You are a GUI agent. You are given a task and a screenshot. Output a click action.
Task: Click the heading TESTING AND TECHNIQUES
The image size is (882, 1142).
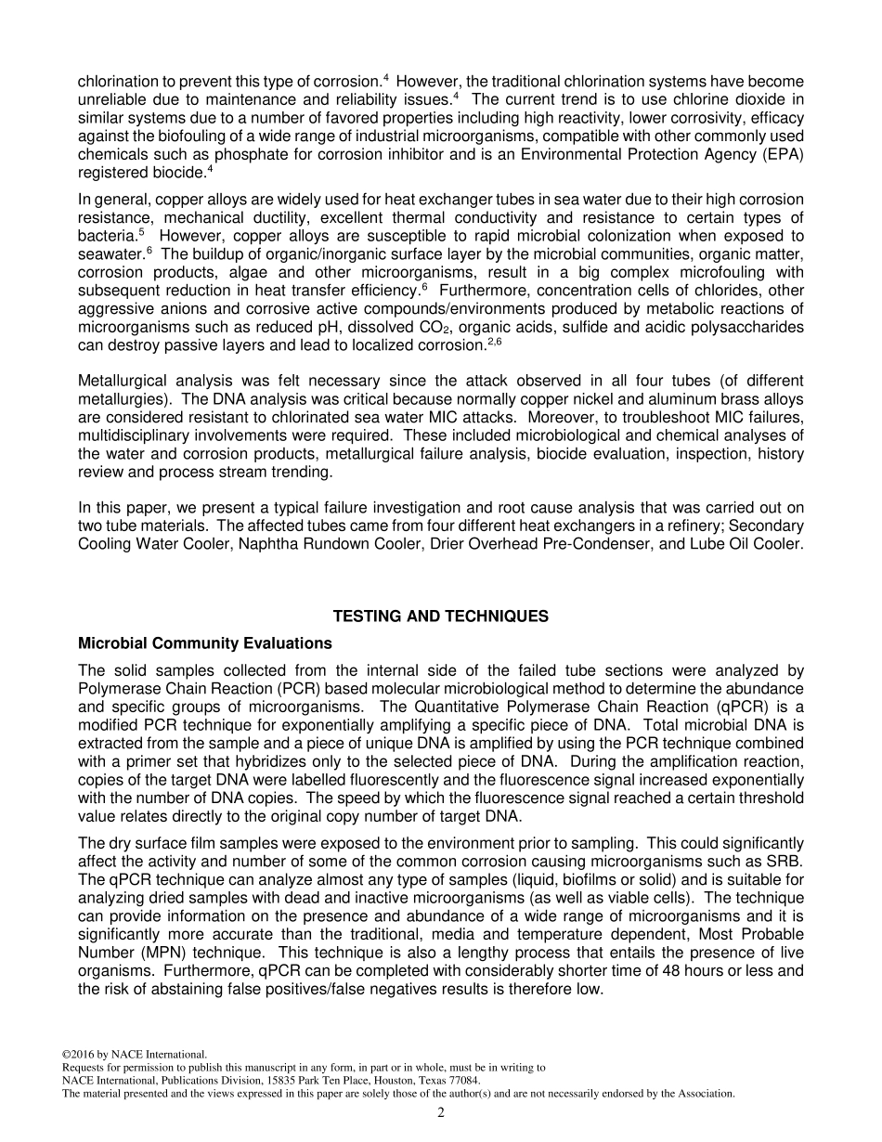pyautogui.click(x=440, y=616)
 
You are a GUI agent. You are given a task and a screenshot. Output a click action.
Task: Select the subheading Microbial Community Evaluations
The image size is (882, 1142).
pyautogui.click(x=204, y=643)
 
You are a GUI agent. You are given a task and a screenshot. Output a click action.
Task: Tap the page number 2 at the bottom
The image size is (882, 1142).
pyautogui.click(x=441, y=1113)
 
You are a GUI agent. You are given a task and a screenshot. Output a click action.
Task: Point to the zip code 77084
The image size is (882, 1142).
pyautogui.click(x=461, y=1081)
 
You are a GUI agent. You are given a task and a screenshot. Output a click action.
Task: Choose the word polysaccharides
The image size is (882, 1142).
pyautogui.click(x=739, y=327)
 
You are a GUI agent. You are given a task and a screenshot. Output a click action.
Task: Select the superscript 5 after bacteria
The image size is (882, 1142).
pyautogui.click(x=141, y=232)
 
